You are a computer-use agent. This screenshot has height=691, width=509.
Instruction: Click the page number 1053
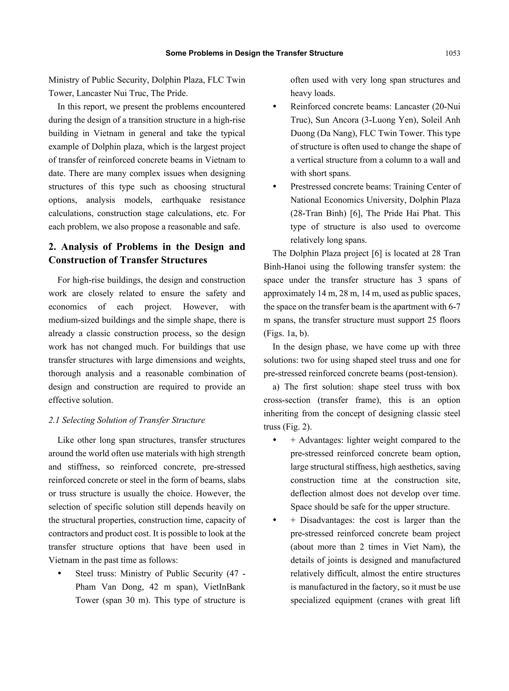pyautogui.click(x=452, y=53)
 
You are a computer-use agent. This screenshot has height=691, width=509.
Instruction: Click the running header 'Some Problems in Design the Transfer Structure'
pyautogui.click(x=254, y=53)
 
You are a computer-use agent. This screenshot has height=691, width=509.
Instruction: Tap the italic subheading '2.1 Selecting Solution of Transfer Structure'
pyautogui.click(x=127, y=420)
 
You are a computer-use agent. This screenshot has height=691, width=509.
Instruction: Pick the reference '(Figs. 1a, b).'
pyautogui.click(x=286, y=333)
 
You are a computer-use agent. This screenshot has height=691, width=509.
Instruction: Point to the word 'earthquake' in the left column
pyautogui.click(x=181, y=200)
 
